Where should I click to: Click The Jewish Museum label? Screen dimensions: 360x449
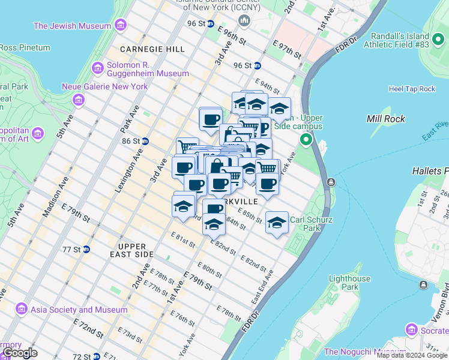click(x=72, y=26)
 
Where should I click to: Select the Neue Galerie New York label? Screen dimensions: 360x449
click(x=104, y=86)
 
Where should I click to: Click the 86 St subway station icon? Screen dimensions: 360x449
click(x=145, y=141)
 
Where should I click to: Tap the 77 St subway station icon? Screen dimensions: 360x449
click(x=86, y=249)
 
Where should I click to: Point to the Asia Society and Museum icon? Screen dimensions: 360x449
click(x=22, y=310)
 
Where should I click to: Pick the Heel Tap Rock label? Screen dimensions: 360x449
click(x=412, y=89)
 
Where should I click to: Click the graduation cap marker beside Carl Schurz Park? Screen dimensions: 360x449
click(x=277, y=223)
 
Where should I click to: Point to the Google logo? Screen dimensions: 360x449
click(x=20, y=353)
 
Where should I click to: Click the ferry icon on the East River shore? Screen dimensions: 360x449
click(x=331, y=182)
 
